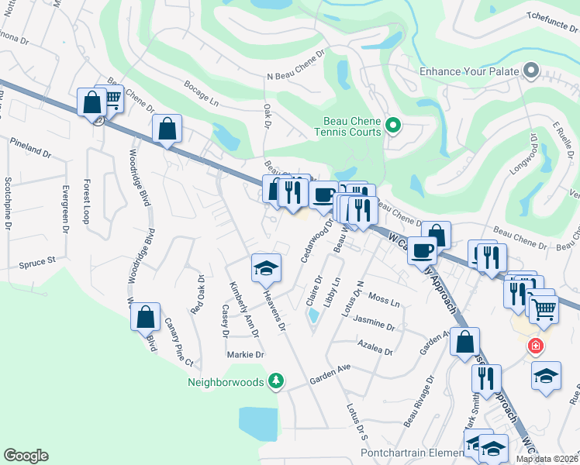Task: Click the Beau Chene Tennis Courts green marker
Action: (x=392, y=124)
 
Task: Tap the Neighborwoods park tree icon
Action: (x=274, y=381)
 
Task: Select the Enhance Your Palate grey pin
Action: (x=531, y=71)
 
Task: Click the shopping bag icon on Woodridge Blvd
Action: (x=145, y=317)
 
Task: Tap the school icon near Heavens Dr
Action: (x=266, y=269)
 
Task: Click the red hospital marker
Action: (x=535, y=346)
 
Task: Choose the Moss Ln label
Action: (x=384, y=298)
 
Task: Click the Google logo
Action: (x=26, y=456)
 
